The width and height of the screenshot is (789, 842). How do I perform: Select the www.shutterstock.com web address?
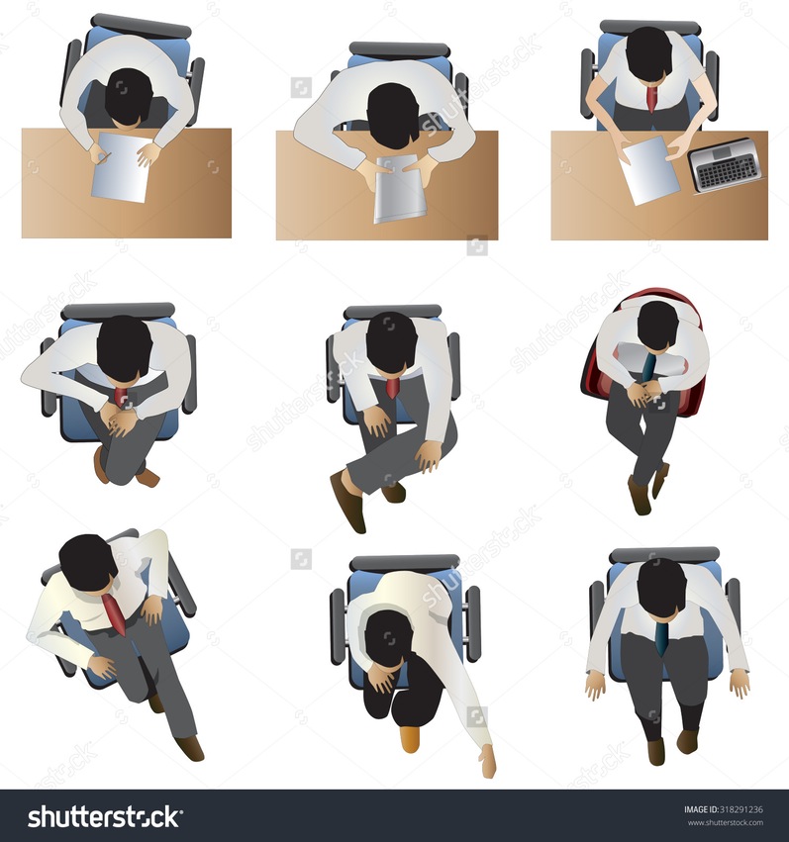tap(725, 822)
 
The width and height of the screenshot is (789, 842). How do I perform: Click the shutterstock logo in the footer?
tap(105, 816)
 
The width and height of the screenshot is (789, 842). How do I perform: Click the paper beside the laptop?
tap(648, 170)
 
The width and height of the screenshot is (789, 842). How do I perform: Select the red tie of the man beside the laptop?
tap(652, 98)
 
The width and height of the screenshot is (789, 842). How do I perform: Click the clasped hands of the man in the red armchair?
tap(642, 394)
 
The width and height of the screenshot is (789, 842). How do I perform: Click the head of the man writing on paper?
tap(127, 97)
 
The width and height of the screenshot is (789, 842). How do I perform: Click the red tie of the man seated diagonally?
tap(114, 613)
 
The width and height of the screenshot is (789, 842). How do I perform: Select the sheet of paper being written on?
tap(122, 167)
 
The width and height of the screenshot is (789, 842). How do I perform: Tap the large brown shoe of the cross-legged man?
tap(348, 502)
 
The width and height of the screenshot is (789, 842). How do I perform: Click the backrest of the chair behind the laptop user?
tap(649, 27)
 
